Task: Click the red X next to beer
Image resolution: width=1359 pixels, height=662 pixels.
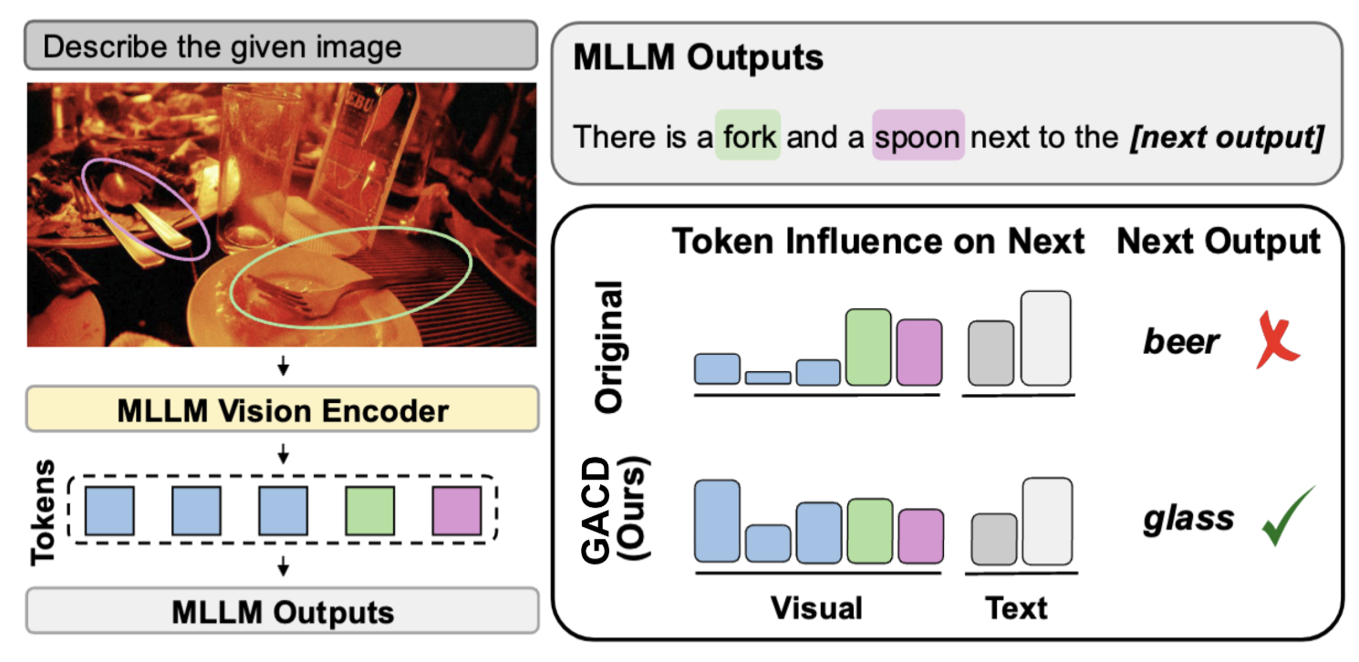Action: click(1276, 340)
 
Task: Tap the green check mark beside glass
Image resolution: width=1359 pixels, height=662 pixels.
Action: click(1287, 516)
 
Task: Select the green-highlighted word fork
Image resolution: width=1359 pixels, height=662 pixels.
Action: click(749, 136)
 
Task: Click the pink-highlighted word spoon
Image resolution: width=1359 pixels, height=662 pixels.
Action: click(918, 136)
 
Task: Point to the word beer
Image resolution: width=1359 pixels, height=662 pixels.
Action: click(1181, 342)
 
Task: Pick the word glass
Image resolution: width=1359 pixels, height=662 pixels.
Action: click(1188, 518)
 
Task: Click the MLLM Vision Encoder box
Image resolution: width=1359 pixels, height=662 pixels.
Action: click(283, 410)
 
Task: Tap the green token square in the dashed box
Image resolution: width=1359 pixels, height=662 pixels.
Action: click(369, 511)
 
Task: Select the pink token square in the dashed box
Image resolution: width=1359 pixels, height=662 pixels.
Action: click(456, 511)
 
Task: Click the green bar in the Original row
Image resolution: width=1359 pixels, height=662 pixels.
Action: click(867, 347)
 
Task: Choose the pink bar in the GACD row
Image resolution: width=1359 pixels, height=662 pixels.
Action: click(921, 535)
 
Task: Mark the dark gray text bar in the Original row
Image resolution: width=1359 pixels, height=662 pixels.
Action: click(991, 353)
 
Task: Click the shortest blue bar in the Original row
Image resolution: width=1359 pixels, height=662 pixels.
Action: click(768, 378)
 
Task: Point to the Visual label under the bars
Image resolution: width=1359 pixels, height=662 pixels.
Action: click(815, 606)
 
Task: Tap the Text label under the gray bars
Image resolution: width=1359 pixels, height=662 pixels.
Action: click(1017, 606)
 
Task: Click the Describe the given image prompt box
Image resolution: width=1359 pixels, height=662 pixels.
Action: click(282, 47)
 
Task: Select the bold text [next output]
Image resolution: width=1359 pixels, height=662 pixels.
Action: click(1225, 137)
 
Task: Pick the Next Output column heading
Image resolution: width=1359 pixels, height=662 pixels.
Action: click(1219, 242)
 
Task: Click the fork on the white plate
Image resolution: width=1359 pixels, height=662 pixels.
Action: click(310, 292)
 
